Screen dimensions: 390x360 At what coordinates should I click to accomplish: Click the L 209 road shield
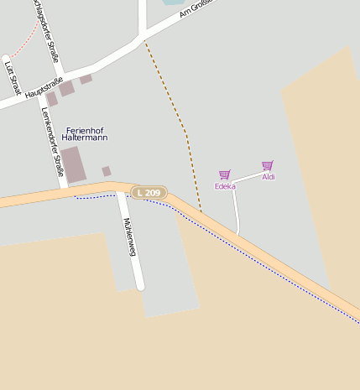pos(149,193)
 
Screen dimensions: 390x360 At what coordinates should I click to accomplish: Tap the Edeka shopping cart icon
pos(224,174)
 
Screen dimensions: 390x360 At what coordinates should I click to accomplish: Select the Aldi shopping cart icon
pos(268,165)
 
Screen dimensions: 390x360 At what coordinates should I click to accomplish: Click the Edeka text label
pos(224,186)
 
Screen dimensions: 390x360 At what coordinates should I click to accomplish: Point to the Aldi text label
pos(269,177)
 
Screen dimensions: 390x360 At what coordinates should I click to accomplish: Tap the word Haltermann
pos(85,138)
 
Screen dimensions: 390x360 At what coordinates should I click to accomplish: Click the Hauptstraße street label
pos(44,89)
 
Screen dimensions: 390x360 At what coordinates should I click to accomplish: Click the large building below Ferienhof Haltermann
pos(72,164)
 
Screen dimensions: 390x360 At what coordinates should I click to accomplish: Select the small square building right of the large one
pos(107,171)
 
